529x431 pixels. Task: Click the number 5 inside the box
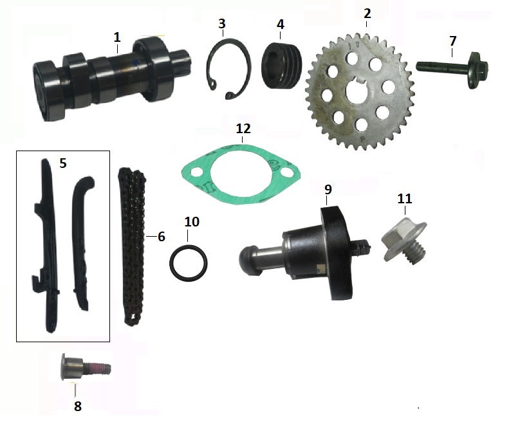pos(62,163)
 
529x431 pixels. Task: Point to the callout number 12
pos(243,129)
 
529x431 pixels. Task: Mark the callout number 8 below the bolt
pos(78,406)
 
